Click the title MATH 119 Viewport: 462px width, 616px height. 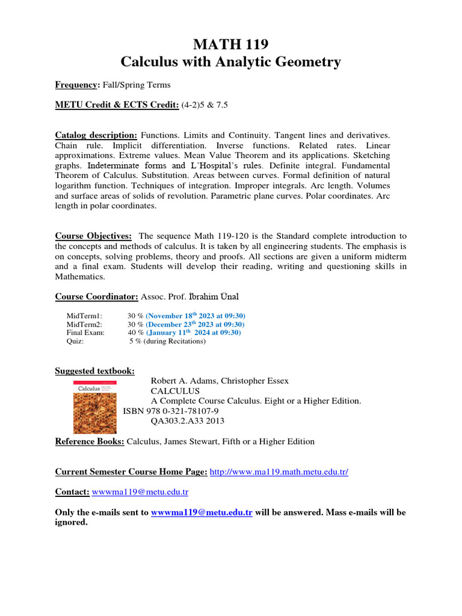coord(231,44)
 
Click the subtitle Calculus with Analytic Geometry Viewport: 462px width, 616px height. coord(231,61)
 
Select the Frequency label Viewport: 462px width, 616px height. coord(76,85)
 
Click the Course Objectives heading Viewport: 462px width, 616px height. coord(93,236)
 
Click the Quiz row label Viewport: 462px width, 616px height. coord(75,341)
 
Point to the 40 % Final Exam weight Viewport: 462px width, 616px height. coord(135,333)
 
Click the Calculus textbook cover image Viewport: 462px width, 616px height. coord(94,407)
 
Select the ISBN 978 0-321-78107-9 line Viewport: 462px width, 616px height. coord(171,411)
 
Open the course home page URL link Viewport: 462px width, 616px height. coord(279,472)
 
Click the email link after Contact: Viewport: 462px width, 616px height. coord(140,492)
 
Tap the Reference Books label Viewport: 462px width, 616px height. coord(90,442)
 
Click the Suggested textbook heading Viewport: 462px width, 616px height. coord(95,371)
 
